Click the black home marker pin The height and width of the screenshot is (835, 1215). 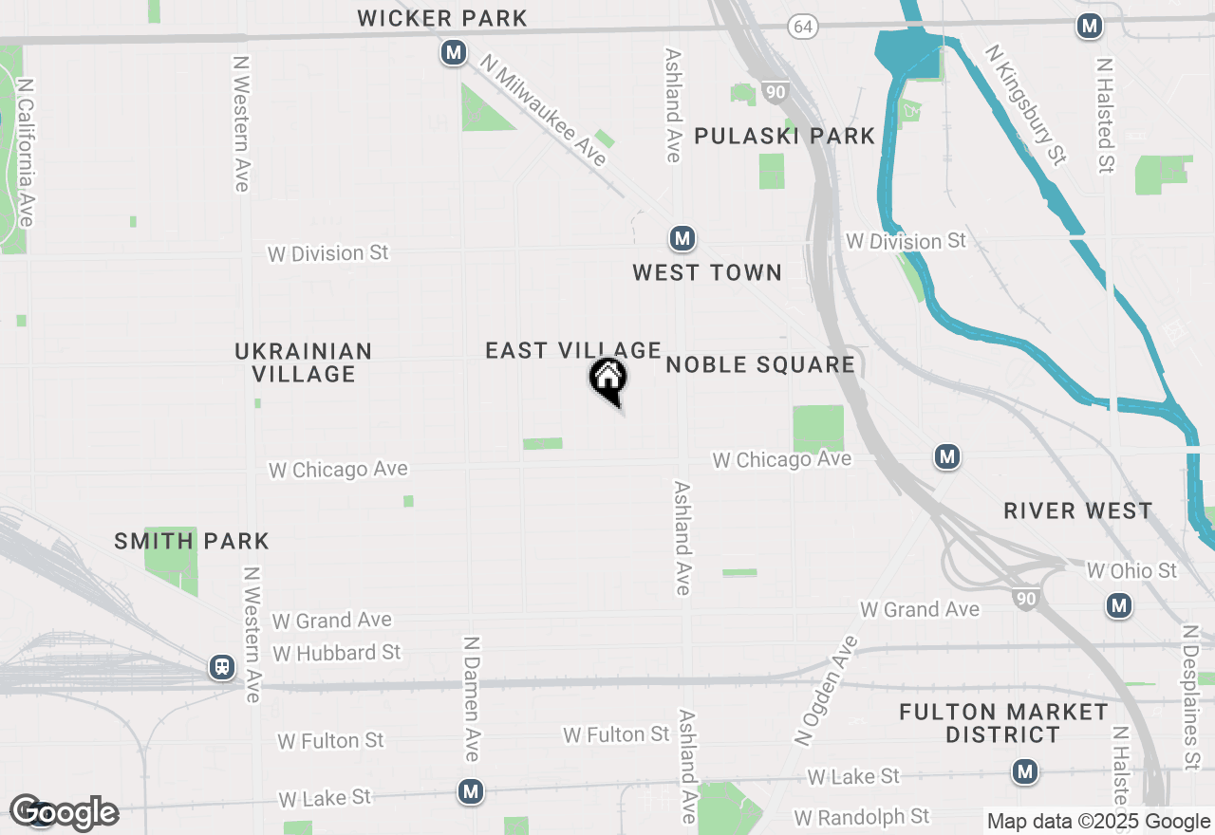[608, 380]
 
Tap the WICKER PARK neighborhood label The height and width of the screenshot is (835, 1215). [442, 18]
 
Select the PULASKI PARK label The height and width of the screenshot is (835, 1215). [784, 136]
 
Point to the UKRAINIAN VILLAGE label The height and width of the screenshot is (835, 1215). [304, 362]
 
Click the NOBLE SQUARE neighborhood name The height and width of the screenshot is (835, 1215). [760, 365]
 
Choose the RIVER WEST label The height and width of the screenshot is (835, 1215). [1078, 511]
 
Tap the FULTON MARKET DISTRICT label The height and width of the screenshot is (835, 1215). [1003, 723]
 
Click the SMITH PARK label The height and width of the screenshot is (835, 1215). [192, 542]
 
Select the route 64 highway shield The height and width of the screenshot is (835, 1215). [803, 28]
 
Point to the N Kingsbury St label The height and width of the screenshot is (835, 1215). [1025, 104]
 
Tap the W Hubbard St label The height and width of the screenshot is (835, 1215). [337, 653]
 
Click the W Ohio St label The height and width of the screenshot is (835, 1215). [1131, 570]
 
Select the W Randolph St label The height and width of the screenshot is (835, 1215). [862, 816]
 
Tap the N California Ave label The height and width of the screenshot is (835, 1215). [26, 152]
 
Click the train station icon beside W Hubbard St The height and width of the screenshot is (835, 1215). [222, 667]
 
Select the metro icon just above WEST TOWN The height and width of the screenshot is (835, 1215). [682, 238]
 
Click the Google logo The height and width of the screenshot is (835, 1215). [64, 812]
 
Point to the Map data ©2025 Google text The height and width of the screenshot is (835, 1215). [1098, 822]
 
